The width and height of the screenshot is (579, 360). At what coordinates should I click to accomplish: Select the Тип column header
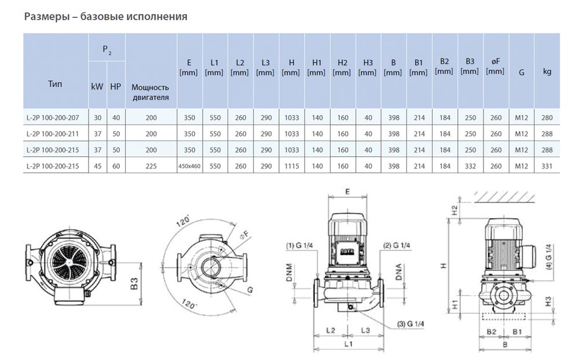(55, 84)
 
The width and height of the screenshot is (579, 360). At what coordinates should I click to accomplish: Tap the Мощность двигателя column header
(150, 92)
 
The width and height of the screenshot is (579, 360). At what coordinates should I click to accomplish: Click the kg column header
(547, 72)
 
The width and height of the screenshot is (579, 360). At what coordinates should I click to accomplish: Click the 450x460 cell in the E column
(189, 166)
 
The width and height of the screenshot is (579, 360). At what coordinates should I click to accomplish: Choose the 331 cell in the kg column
(547, 166)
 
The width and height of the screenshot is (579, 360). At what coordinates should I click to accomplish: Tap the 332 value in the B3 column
(470, 166)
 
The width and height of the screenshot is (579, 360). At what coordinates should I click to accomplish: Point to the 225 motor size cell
(151, 166)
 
